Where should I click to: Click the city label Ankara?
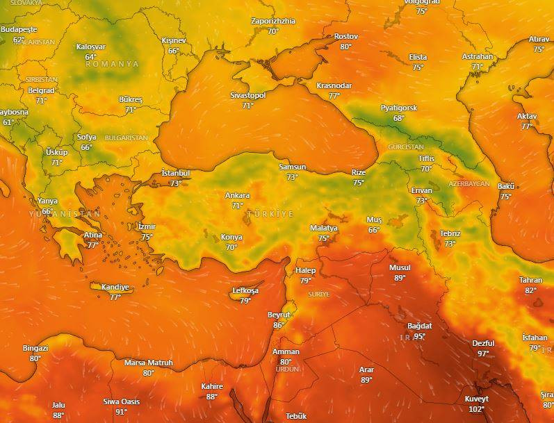click(x=237, y=196)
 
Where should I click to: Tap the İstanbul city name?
click(x=175, y=173)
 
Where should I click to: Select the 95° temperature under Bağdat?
click(x=419, y=336)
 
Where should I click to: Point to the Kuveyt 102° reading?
click(x=476, y=409)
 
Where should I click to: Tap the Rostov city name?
click(x=345, y=36)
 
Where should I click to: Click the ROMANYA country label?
click(x=112, y=64)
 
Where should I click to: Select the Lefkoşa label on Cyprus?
click(x=245, y=291)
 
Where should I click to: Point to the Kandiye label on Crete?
click(x=115, y=287)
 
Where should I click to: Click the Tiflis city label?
click(x=426, y=158)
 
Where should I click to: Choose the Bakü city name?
click(x=505, y=186)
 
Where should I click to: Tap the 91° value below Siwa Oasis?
click(x=121, y=411)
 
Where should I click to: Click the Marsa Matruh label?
click(x=148, y=363)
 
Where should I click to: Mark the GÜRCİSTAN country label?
click(x=405, y=147)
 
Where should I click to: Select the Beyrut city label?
click(x=279, y=315)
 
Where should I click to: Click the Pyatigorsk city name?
click(x=398, y=108)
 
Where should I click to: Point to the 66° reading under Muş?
click(x=374, y=230)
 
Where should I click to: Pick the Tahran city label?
click(x=530, y=280)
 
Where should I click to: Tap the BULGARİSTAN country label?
click(x=127, y=138)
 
